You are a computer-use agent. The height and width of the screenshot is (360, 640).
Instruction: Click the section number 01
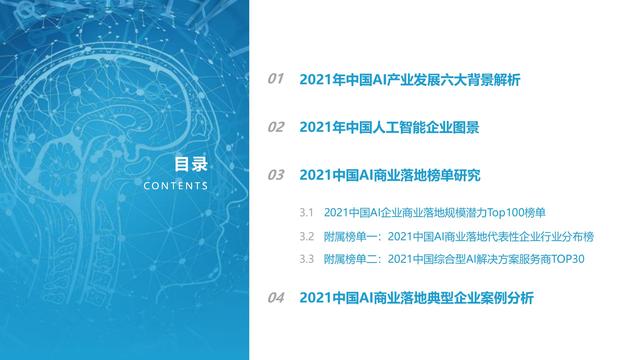coord(276,79)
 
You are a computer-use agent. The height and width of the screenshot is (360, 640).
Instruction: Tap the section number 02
coord(276,127)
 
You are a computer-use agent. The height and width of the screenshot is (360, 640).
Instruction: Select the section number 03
coord(276,175)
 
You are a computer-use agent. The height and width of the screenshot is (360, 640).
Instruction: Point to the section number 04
coord(276,298)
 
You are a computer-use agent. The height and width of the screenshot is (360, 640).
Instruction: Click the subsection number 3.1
coord(307,213)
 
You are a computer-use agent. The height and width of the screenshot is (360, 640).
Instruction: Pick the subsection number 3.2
coord(307,237)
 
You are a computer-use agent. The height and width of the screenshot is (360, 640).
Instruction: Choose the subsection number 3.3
coord(307,260)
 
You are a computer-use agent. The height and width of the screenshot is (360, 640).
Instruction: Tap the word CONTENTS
coord(176,186)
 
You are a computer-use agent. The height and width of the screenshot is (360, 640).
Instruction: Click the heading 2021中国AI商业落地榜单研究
coord(390,175)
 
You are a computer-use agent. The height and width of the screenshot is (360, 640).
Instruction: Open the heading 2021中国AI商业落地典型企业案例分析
coord(416,298)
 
